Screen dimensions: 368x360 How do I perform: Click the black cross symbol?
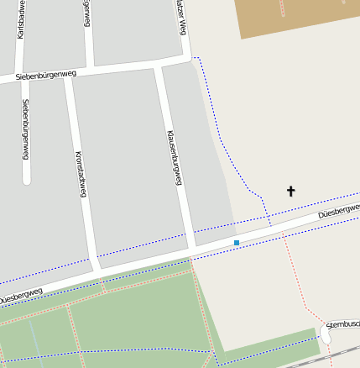pos(291,191)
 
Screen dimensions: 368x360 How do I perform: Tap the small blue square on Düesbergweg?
pos(237,243)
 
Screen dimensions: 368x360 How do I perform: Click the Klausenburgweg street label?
pos(175,157)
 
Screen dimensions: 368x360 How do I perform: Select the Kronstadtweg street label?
pos(81,174)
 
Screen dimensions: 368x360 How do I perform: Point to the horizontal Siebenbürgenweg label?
pos(46,76)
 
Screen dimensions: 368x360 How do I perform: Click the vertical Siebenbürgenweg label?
pos(26,129)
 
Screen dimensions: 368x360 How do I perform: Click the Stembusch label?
pos(342,323)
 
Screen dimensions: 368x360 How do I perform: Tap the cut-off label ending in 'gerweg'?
pos(86,13)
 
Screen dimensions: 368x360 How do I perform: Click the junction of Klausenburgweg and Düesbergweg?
pos(192,250)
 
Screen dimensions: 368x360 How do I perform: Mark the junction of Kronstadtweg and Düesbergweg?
pos(97,271)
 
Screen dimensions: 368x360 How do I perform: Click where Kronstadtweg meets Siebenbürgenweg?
pos(69,73)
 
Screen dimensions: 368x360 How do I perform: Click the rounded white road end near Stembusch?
pos(326,335)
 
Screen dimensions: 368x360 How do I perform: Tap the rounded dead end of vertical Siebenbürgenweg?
pos(26,180)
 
